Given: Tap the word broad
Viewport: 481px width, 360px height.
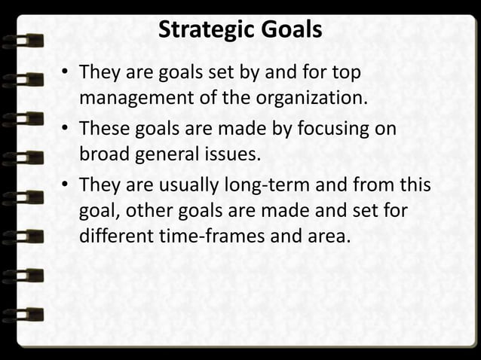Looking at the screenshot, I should (x=102, y=155).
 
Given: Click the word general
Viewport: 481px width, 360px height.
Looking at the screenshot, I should (x=160, y=155).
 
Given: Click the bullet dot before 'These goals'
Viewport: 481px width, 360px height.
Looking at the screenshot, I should (x=66, y=129).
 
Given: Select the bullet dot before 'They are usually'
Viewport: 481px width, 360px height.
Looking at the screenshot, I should (x=66, y=185).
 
